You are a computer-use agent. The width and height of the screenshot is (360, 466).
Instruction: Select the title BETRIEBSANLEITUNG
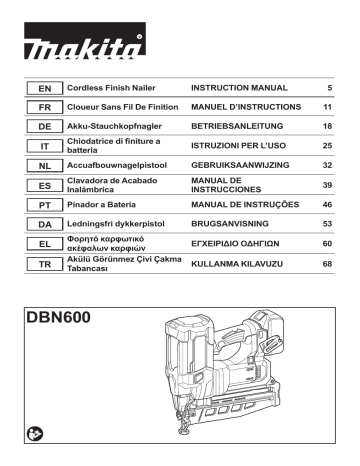(x=237, y=128)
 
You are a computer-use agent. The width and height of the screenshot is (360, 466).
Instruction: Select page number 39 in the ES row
(x=327, y=185)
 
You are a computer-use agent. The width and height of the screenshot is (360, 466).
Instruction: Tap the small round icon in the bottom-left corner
(x=37, y=434)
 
